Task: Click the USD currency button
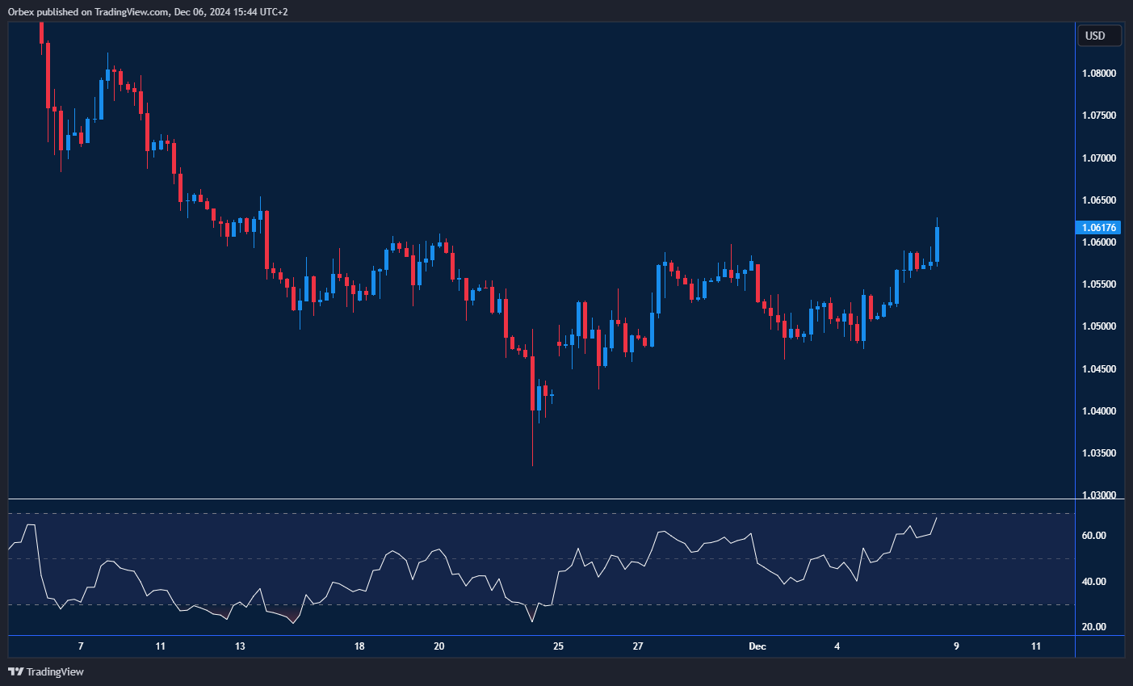(1098, 36)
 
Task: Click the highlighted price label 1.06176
(1100, 228)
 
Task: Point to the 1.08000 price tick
(1099, 74)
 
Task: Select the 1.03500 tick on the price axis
(1099, 453)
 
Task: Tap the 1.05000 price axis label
(1099, 326)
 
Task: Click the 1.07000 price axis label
(1099, 158)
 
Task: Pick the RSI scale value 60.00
(1093, 536)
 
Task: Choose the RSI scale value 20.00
(1093, 627)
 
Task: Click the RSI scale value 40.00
(1093, 582)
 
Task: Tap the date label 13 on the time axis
(240, 646)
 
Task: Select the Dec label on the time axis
(757, 646)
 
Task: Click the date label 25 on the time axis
(558, 646)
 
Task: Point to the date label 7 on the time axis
(81, 646)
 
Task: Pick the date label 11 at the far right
(1036, 646)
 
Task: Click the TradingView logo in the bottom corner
(46, 671)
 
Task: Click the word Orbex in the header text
(22, 12)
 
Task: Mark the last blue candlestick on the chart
(938, 244)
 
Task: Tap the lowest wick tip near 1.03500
(533, 465)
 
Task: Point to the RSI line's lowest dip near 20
(533, 621)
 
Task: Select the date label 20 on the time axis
(439, 646)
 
